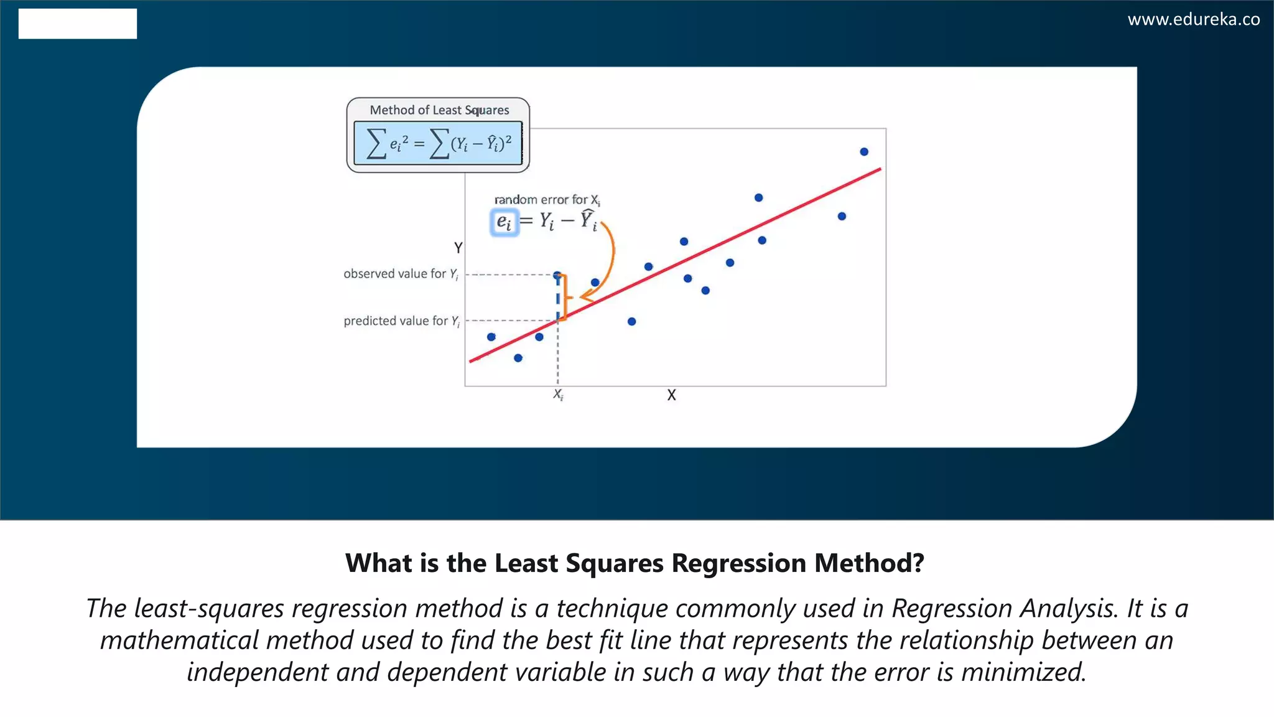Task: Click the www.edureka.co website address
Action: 1193,19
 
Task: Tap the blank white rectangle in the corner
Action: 78,24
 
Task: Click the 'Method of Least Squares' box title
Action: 439,110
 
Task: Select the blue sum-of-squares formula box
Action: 438,144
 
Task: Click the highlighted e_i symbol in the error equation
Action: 504,222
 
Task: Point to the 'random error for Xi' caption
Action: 547,200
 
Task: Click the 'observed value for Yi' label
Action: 401,274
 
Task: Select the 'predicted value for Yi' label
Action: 401,321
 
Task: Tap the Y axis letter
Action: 458,248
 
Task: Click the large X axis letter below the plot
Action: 671,395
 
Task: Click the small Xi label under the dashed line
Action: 558,395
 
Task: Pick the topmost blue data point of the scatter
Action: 864,152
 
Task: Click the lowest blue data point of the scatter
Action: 518,358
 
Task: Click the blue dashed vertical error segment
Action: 558,299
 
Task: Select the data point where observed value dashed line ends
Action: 557,275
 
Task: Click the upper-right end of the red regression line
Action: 878,169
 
